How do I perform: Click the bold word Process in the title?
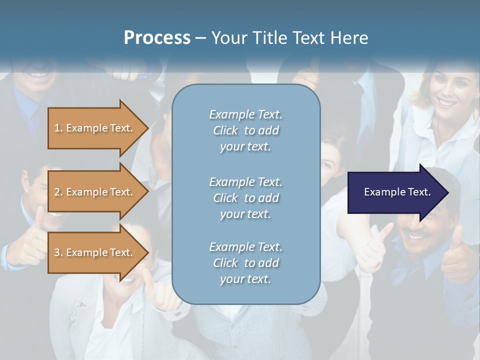pyautogui.click(x=157, y=38)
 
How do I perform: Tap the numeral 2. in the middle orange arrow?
pyautogui.click(x=58, y=192)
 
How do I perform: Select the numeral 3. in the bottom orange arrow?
pyautogui.click(x=58, y=252)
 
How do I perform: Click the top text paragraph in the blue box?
pyautogui.click(x=245, y=130)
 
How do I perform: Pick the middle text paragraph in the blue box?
pyautogui.click(x=245, y=198)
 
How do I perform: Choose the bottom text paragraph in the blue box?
pyautogui.click(x=245, y=263)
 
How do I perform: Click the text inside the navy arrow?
pyautogui.click(x=397, y=192)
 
